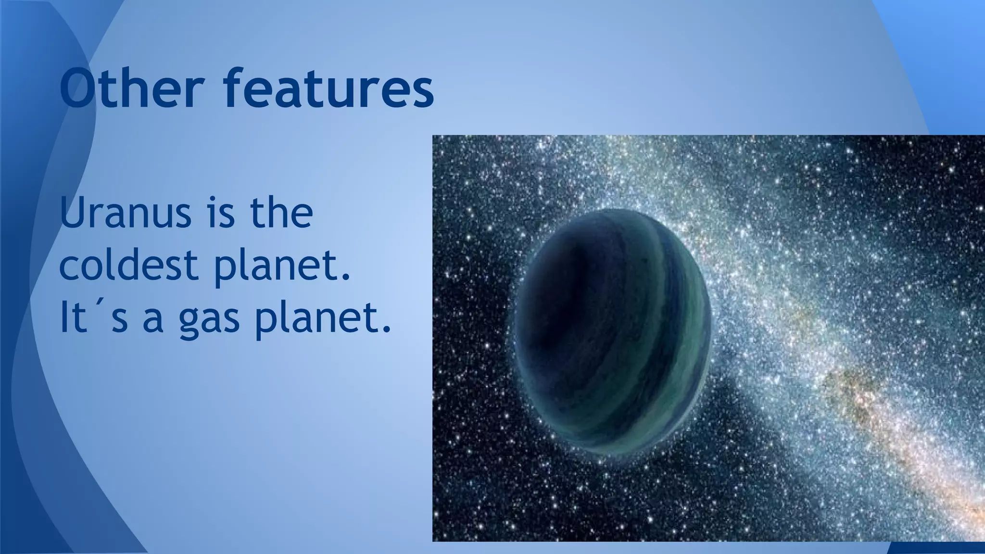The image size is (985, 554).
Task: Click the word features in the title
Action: click(328, 89)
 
